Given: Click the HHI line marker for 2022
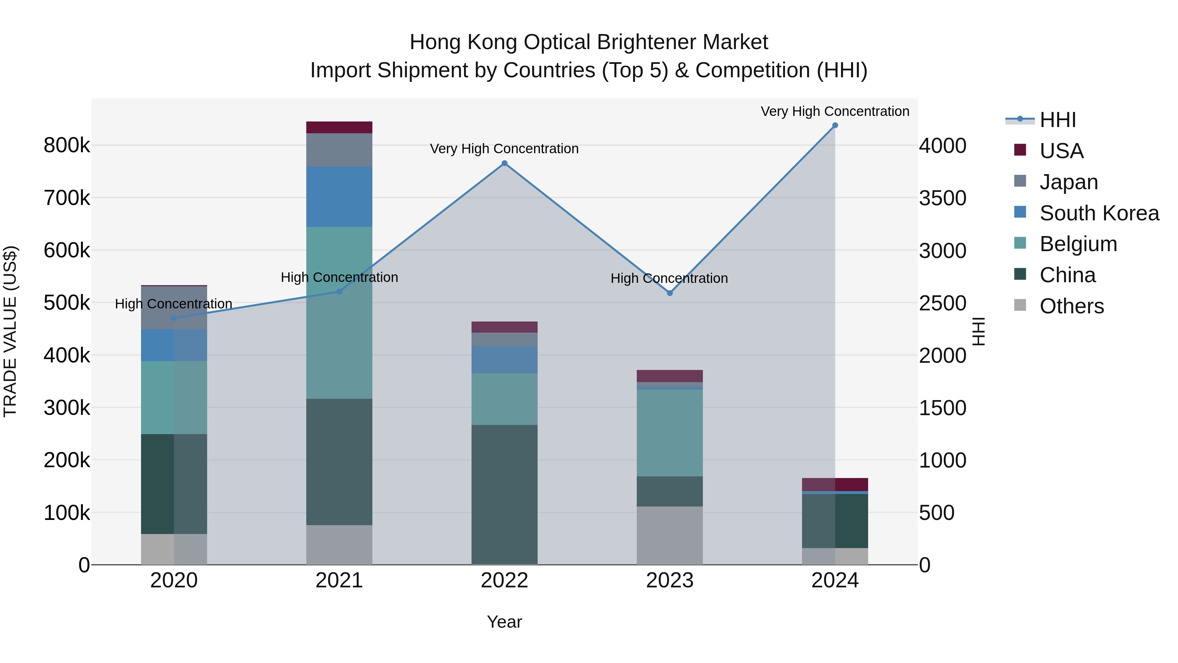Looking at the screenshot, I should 504,163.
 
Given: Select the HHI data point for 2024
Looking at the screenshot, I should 835,125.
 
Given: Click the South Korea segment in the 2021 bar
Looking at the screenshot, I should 339,197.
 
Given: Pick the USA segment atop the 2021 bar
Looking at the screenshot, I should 339,127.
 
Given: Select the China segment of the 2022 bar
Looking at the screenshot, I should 504,494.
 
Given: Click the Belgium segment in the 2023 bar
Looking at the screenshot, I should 670,433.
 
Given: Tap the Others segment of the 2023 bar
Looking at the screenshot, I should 670,535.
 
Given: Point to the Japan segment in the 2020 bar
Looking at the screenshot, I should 174,307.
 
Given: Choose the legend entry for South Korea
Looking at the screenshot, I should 1099,213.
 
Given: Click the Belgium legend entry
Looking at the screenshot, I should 1078,244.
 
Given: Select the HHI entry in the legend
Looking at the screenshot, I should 1057,120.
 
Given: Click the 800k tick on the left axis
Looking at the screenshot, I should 67,145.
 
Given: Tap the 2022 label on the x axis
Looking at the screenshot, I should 504,580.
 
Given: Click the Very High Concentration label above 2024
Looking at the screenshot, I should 835,111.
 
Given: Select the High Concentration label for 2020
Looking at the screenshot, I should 173,304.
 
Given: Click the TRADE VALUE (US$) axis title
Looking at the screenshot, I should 10,331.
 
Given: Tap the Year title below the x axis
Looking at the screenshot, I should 504,622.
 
